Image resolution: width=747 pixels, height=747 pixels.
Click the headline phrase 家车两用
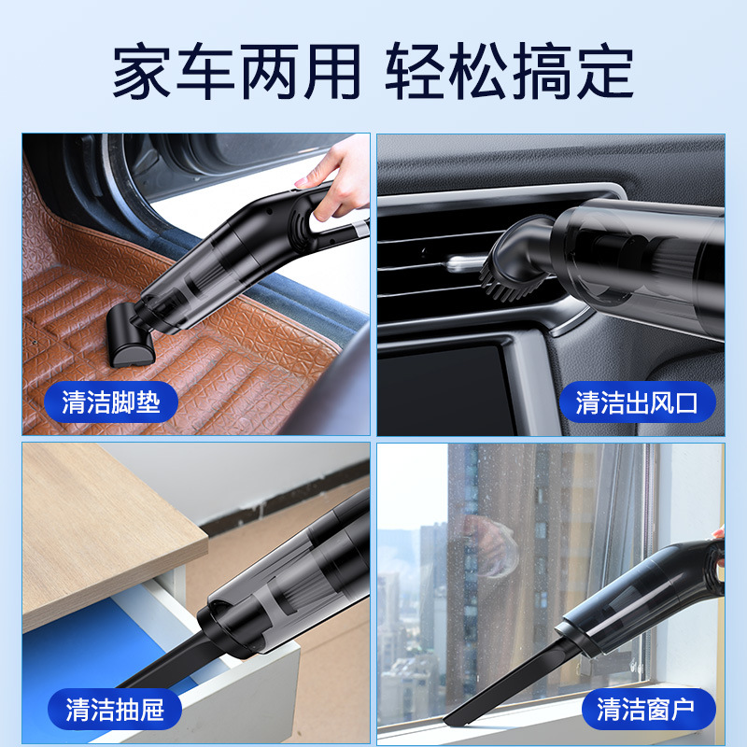236,72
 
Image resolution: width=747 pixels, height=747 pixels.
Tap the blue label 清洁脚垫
111,402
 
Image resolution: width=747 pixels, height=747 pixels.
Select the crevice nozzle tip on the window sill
467,714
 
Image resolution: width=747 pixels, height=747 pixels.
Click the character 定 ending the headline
607,72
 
